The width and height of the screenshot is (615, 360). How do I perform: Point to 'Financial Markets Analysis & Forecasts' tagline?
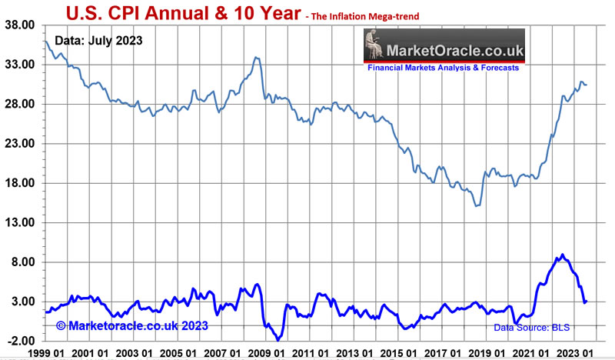pyautogui.click(x=443, y=68)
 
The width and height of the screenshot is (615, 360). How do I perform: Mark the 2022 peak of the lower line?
pyautogui.click(x=563, y=255)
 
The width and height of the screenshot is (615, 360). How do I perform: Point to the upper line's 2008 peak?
pyautogui.click(x=257, y=58)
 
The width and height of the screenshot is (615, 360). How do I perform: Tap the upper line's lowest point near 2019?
pyautogui.click(x=477, y=205)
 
